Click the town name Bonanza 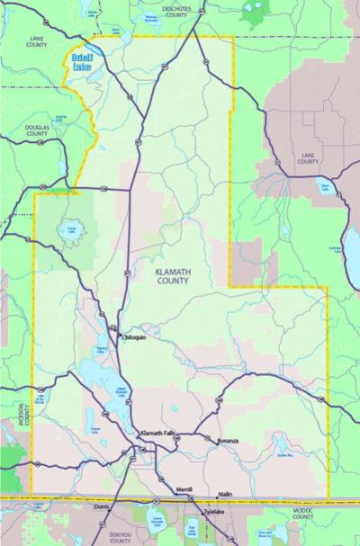(228, 441)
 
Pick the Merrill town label (184, 488)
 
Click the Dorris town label (102, 508)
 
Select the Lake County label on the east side (308, 158)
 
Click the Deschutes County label (180, 12)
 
